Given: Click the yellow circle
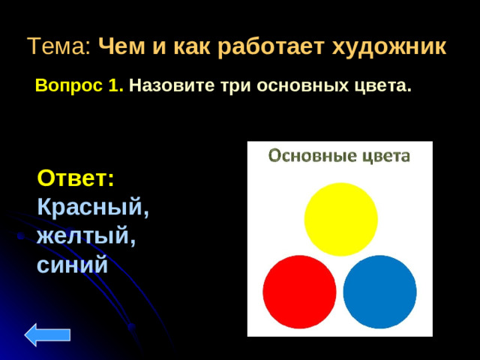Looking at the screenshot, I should tap(340, 218).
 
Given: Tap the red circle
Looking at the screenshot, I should tap(299, 292).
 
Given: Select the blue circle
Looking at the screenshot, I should tap(379, 292).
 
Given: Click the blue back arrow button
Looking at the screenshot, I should tap(47, 334).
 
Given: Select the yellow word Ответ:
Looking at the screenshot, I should tap(76, 179).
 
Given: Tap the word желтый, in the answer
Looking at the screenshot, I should tap(86, 236).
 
